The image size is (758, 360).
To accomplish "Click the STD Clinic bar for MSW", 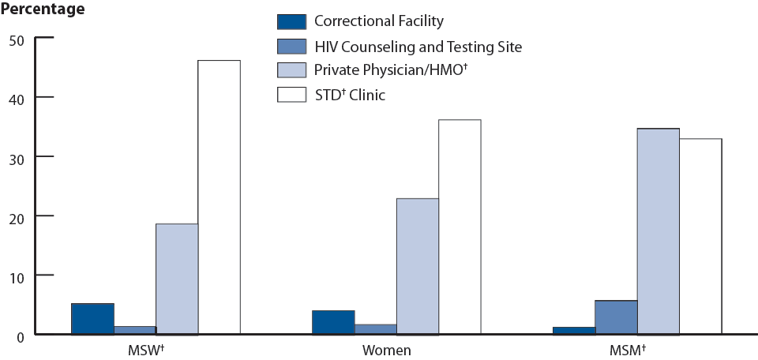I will [219, 197].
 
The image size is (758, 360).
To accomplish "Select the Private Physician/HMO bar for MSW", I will [177, 279].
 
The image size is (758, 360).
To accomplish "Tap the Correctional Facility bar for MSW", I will [92, 319].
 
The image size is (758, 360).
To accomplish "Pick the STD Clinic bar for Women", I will [460, 227].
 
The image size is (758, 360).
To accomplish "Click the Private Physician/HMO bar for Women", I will [418, 266].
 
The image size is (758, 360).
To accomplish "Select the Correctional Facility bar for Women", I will [333, 322].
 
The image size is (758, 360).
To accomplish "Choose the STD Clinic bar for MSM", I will [700, 236].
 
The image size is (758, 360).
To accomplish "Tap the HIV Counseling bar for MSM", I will [616, 317].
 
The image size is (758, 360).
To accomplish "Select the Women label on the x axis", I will [386, 350].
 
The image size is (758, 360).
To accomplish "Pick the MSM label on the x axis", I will [629, 350].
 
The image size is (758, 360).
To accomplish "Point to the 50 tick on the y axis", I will [17, 39].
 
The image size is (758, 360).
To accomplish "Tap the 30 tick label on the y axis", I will [17, 157].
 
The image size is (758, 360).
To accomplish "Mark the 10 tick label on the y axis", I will [17, 276].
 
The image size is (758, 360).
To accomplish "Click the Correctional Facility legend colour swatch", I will [290, 21].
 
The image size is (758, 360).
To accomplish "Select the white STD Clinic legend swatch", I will [290, 95].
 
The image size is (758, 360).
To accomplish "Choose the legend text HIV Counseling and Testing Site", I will [418, 47].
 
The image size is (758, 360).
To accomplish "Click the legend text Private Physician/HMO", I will [386, 71].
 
